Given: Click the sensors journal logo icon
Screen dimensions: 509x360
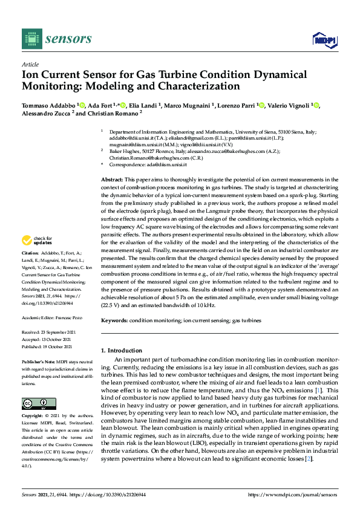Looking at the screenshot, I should (x=31, y=39).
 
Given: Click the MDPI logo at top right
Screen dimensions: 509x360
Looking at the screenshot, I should (x=324, y=40).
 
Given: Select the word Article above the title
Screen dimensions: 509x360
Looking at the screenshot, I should (x=30, y=65).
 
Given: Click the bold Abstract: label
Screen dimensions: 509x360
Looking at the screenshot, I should (x=111, y=180).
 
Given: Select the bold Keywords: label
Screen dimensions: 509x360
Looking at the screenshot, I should (x=114, y=321).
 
